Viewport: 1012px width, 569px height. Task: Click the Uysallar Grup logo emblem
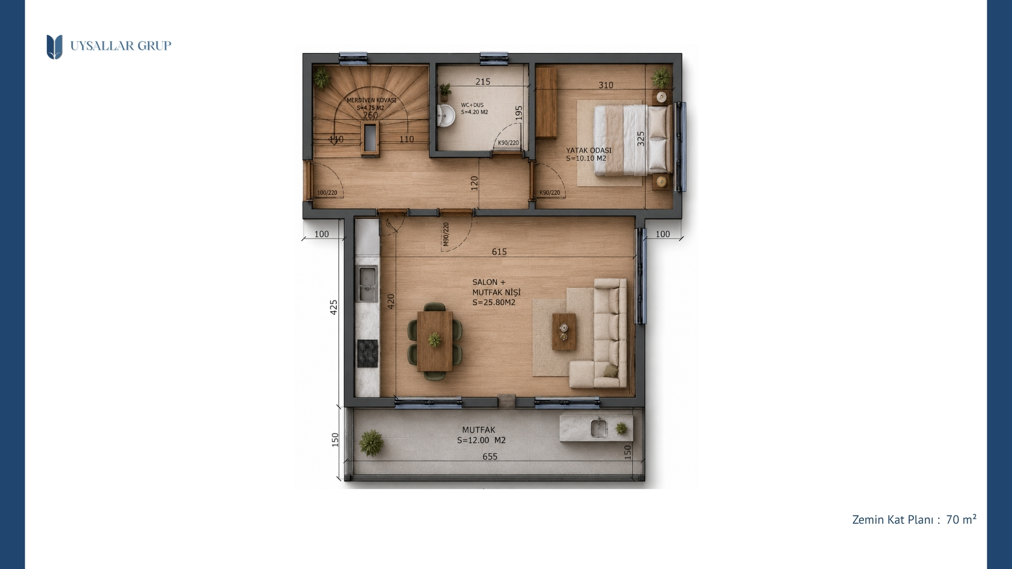click(54, 47)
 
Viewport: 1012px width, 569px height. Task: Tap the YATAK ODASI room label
click(589, 150)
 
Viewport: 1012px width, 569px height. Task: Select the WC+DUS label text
click(472, 105)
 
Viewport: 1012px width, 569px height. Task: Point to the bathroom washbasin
click(446, 116)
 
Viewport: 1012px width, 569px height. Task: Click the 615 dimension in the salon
click(499, 252)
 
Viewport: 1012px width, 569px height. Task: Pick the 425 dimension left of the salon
click(334, 307)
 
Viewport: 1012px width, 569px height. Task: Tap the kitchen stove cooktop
click(367, 353)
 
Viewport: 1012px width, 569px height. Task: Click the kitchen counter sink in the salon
click(367, 284)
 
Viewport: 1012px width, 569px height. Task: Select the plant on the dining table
click(435, 340)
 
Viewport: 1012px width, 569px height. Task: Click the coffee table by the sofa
click(564, 331)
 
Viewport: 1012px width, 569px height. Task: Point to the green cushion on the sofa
click(610, 371)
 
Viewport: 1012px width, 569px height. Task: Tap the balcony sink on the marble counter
click(599, 428)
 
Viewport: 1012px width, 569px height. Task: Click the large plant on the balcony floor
click(372, 443)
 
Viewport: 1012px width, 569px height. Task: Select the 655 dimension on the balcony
click(490, 457)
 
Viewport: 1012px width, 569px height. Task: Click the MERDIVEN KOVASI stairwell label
click(371, 100)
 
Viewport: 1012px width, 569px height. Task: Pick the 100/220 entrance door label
click(327, 193)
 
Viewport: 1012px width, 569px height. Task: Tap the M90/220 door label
click(446, 234)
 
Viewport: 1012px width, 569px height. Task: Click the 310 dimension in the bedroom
click(606, 85)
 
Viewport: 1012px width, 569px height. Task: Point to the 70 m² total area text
click(961, 519)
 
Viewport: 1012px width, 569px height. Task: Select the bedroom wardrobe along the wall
click(546, 103)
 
